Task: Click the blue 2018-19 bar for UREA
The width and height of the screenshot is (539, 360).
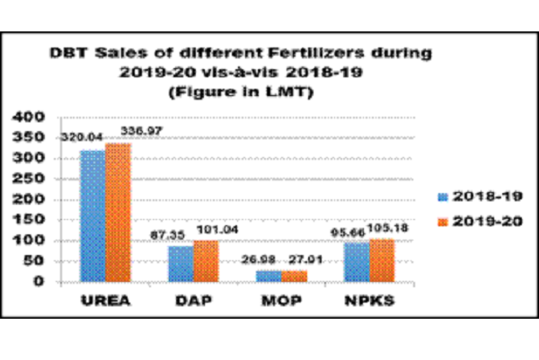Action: (x=93, y=215)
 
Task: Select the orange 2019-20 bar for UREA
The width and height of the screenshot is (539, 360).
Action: (x=118, y=212)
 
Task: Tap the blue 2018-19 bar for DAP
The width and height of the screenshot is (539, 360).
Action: (x=181, y=263)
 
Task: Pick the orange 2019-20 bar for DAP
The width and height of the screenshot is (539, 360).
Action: (x=206, y=260)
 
